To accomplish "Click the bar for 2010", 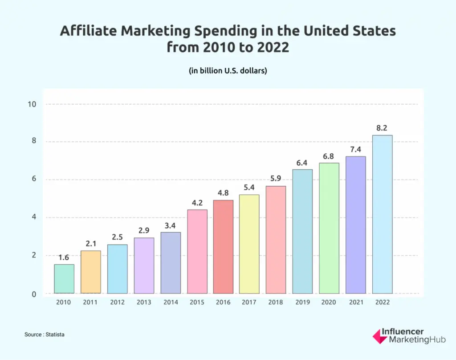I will [64, 279].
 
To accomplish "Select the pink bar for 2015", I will [197, 251].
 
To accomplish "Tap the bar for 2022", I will [382, 214].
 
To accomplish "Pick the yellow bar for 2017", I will [249, 244].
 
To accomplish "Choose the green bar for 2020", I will [329, 228].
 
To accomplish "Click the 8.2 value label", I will [382, 128].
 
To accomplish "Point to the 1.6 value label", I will [64, 258].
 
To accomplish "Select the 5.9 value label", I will [276, 179].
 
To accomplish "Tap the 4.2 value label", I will [197, 203].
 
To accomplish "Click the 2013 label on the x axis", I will [144, 302].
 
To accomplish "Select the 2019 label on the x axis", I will [302, 302].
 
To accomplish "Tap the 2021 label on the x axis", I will [355, 302].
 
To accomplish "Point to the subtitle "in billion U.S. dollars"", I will [228, 70].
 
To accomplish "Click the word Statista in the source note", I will [55, 334].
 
